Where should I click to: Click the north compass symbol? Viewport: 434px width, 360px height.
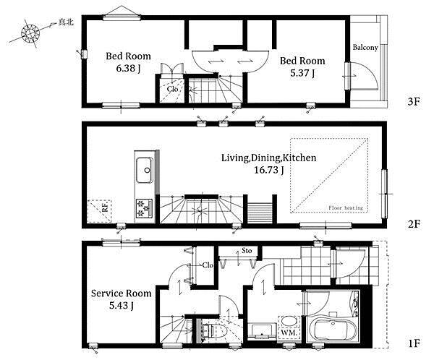(x=30, y=34)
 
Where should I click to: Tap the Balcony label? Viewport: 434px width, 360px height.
(x=365, y=47)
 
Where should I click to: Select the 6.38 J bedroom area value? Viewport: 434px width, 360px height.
(x=128, y=69)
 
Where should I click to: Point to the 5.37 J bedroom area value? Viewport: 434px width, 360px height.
(x=302, y=73)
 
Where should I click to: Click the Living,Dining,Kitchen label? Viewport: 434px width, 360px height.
(x=268, y=158)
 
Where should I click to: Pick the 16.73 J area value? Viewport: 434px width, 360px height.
(x=268, y=170)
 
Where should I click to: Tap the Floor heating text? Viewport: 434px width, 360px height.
(x=346, y=207)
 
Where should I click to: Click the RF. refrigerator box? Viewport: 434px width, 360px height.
(x=100, y=211)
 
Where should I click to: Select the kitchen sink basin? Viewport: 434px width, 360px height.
(x=144, y=170)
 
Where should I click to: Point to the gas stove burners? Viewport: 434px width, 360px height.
(x=144, y=208)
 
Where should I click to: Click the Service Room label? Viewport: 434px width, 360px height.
(x=121, y=293)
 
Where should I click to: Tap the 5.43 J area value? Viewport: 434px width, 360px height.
(x=121, y=306)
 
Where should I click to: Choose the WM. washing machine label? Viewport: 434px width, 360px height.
(x=289, y=333)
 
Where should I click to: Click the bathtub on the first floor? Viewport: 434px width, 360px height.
(x=333, y=330)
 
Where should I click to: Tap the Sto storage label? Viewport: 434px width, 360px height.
(x=247, y=251)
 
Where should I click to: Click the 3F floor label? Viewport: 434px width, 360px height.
(x=414, y=102)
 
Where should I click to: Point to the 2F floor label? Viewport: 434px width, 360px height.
(x=414, y=223)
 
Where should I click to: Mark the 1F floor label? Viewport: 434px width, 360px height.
(x=414, y=343)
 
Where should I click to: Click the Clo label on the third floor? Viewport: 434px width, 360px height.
(x=172, y=89)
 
